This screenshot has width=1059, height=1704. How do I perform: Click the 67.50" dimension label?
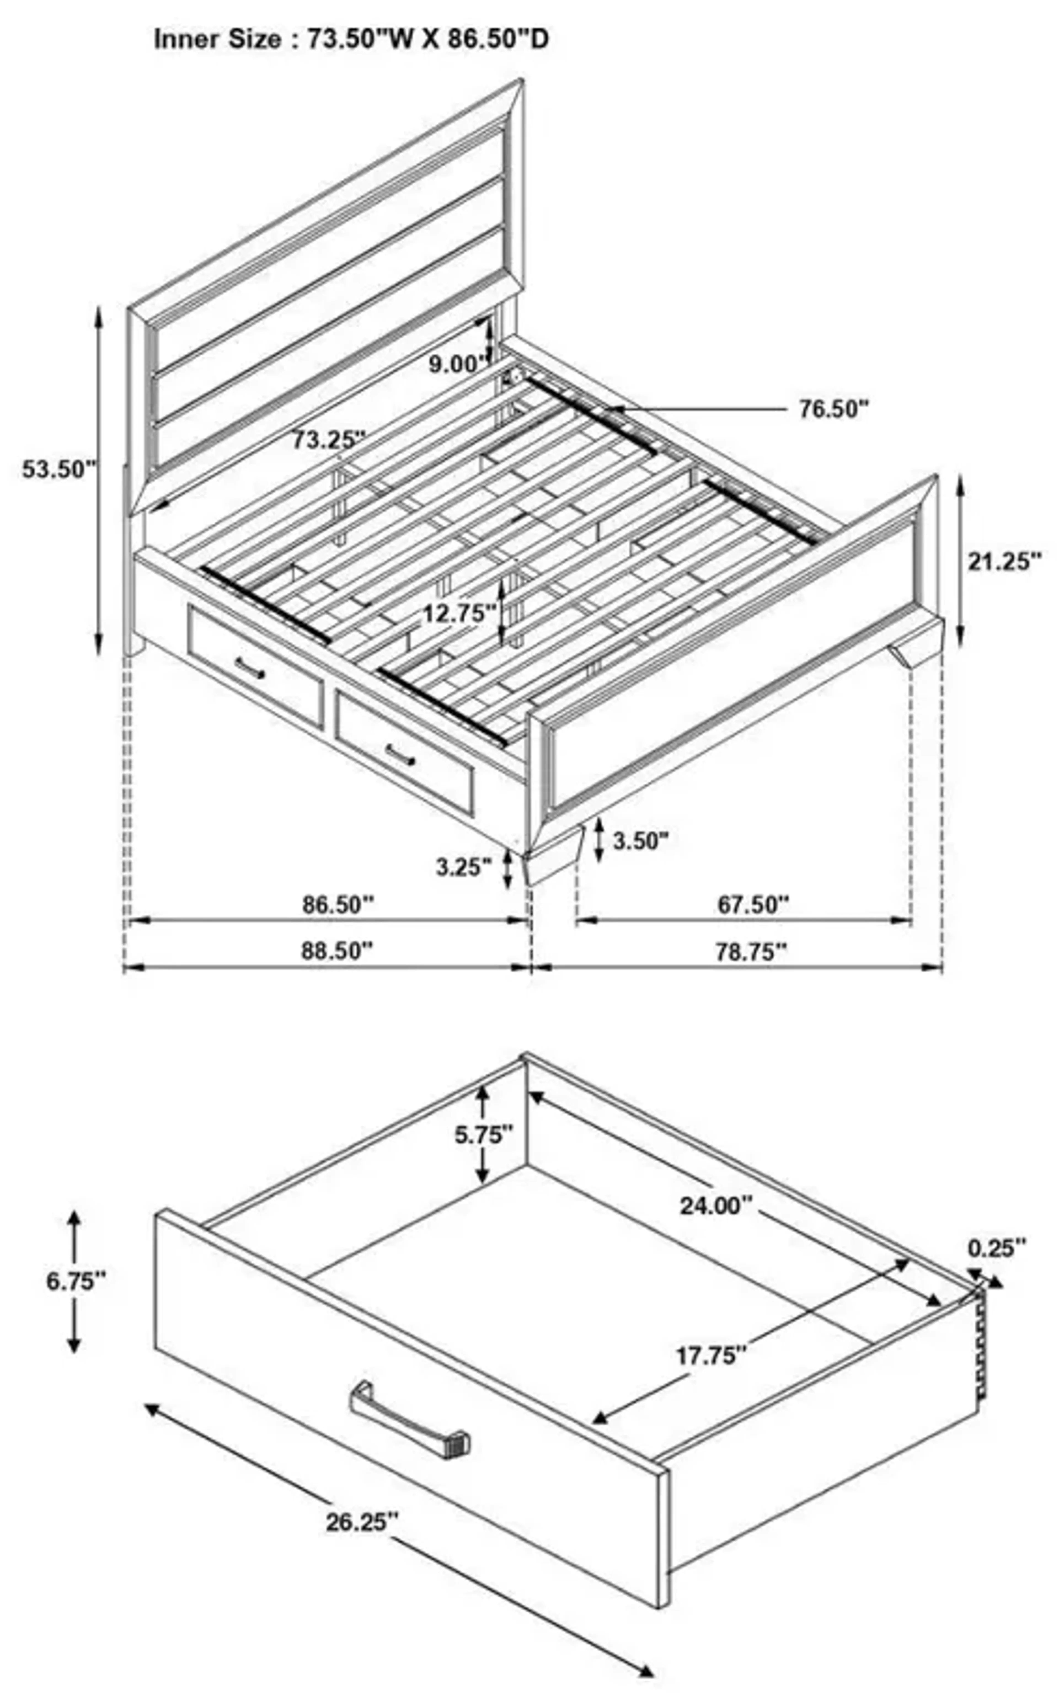(753, 905)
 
